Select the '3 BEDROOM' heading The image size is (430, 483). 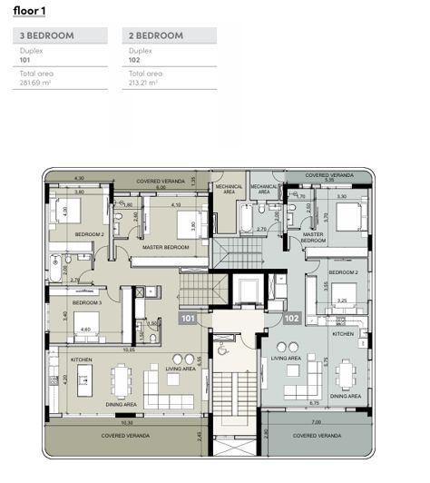42,35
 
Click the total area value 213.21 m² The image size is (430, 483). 146,82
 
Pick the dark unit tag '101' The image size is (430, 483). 188,319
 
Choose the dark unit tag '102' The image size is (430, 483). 292,319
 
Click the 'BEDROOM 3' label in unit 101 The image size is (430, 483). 86,302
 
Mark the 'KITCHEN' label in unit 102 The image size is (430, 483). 342,334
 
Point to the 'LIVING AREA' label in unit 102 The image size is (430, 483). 287,358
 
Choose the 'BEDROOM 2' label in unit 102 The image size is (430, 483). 343,272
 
